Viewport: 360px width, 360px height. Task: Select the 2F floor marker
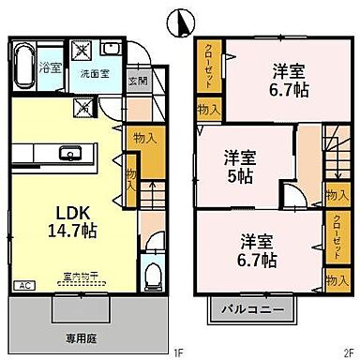coord(348,352)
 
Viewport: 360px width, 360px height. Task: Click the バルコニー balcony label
coord(246,307)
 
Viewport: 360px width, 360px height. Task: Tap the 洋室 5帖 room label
coord(242,165)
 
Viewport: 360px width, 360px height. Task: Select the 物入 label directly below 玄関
coord(143,137)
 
